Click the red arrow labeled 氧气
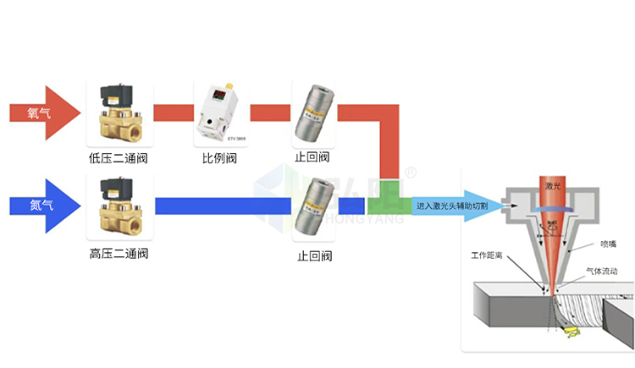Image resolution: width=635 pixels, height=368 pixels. click(x=42, y=112)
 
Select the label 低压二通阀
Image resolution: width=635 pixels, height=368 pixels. click(x=119, y=157)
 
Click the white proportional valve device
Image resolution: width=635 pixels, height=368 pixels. click(x=218, y=113)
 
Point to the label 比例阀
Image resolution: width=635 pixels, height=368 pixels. click(x=218, y=157)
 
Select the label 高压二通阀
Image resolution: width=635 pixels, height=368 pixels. click(x=119, y=253)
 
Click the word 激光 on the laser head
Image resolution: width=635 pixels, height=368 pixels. click(x=552, y=185)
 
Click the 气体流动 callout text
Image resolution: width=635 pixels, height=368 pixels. click(x=607, y=272)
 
